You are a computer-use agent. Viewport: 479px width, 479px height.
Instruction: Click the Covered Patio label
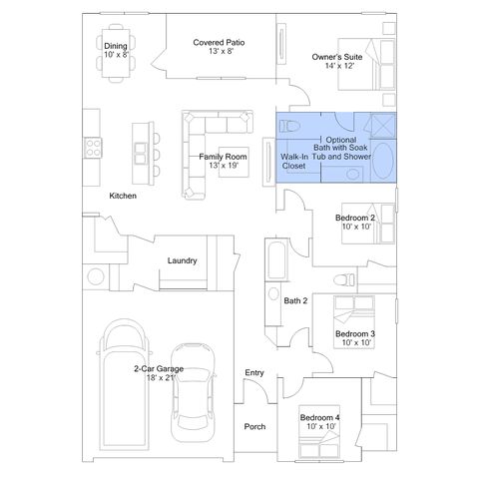pos(219,43)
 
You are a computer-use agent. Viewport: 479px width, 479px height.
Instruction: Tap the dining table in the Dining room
pos(116,53)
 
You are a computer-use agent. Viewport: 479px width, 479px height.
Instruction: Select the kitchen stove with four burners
pos(93,148)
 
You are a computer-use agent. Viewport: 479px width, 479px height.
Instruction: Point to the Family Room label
pos(223,157)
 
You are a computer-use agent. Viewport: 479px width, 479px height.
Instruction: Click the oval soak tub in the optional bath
pos(383,161)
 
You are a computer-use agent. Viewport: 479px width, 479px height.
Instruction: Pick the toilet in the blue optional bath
pos(289,126)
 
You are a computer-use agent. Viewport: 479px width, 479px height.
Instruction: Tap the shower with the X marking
pos(383,126)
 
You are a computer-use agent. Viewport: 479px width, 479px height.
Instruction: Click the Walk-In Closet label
pos(294,161)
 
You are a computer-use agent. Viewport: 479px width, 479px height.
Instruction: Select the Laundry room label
pos(182,260)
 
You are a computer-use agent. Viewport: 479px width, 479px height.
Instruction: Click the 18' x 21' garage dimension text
pos(161,377)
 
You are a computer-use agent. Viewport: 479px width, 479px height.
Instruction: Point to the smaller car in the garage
pos(193,393)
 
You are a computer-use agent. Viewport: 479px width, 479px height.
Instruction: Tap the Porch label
pos(254,426)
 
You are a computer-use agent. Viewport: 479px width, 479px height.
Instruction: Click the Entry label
pos(254,372)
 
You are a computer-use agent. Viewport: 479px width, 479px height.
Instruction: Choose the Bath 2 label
pos(295,300)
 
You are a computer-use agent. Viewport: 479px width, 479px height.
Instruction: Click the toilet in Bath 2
pos(344,279)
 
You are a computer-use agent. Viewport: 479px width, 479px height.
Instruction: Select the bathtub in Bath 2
pos(277,259)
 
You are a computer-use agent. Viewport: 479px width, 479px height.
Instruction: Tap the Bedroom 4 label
pos(319,417)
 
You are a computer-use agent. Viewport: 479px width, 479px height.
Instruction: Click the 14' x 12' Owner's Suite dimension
pos(339,66)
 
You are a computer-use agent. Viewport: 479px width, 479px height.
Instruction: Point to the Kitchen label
pos(123,196)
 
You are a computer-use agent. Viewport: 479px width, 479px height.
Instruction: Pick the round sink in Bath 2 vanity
pos(273,294)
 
